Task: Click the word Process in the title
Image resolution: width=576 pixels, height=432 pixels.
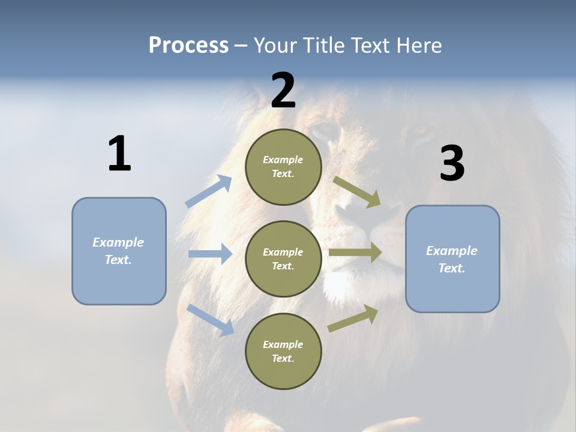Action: click(x=188, y=46)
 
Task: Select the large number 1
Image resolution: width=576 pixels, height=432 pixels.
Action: click(x=119, y=154)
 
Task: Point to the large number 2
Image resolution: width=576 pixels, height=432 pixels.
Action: click(x=283, y=91)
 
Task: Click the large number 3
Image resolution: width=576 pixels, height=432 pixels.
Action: click(x=452, y=164)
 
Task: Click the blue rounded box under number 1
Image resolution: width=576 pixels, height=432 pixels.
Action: click(x=119, y=251)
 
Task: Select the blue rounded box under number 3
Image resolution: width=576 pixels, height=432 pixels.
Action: click(x=452, y=259)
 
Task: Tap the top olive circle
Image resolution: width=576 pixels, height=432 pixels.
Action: click(x=283, y=167)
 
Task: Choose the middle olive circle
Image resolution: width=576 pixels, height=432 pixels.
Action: click(x=283, y=259)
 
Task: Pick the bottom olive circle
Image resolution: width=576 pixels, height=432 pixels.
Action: click(x=283, y=351)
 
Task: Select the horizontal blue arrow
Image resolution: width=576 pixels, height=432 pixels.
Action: click(x=210, y=254)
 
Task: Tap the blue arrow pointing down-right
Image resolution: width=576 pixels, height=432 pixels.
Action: click(x=210, y=320)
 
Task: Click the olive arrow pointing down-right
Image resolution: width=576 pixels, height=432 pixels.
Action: click(x=357, y=192)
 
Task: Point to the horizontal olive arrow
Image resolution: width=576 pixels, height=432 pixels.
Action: click(x=355, y=253)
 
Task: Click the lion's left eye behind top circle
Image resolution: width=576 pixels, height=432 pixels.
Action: click(x=327, y=128)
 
